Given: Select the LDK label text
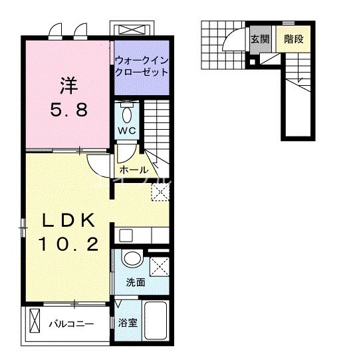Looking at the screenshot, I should pyautogui.click(x=65, y=220).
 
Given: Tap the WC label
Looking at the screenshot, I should pyautogui.click(x=128, y=130).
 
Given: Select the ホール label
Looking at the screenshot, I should pyautogui.click(x=134, y=169).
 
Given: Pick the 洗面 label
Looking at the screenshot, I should pyautogui.click(x=136, y=282).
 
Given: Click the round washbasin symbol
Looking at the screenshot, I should pyautogui.click(x=132, y=260).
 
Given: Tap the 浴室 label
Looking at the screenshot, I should pyautogui.click(x=128, y=323).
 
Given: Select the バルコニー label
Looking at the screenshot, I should pyautogui.click(x=71, y=324).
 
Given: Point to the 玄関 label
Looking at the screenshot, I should pyautogui.click(x=260, y=39).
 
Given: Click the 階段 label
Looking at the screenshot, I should pyautogui.click(x=293, y=39).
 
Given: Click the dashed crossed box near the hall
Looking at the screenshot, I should pyautogui.click(x=160, y=192).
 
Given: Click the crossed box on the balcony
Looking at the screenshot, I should pyautogui.click(x=35, y=323).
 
